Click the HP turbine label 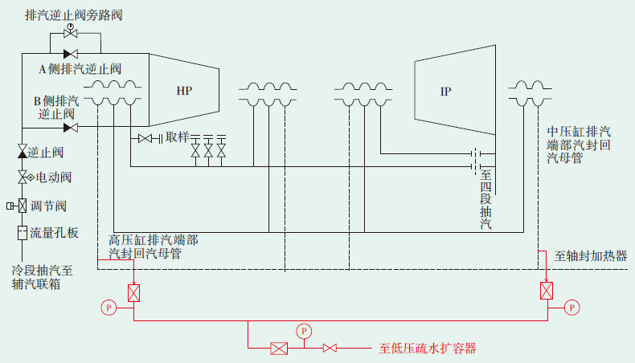(x=184, y=90)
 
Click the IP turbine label (x=445, y=91)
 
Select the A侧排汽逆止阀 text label (x=80, y=69)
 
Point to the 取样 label (x=177, y=138)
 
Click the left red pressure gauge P (x=109, y=306)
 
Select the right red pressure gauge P (x=571, y=306)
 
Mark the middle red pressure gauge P (x=303, y=330)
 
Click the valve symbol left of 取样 (x=145, y=139)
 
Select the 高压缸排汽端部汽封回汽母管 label (x=153, y=247)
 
